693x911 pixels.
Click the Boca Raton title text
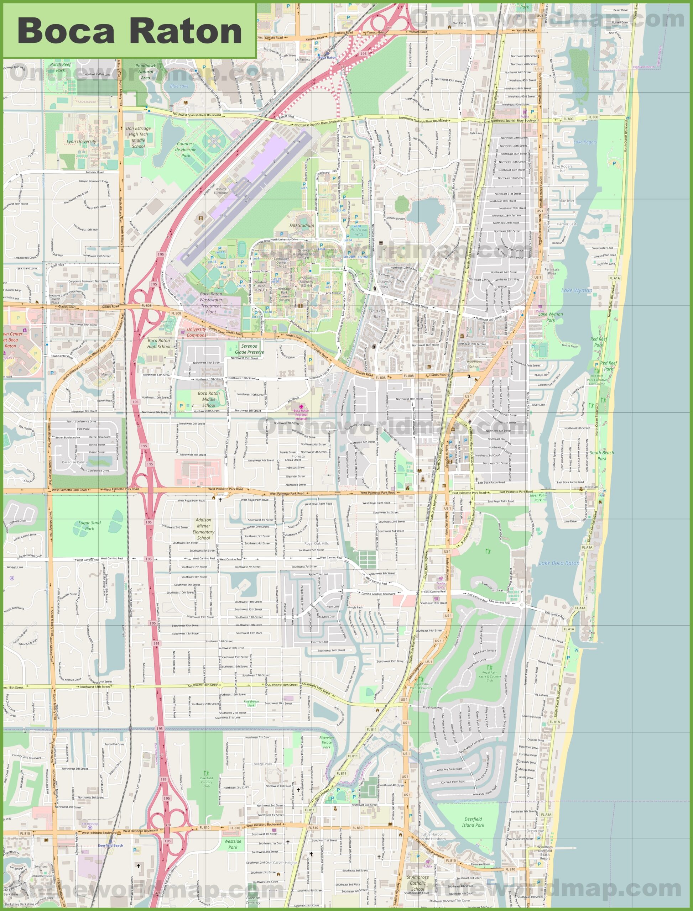(130, 31)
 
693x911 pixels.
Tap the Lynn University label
(81, 141)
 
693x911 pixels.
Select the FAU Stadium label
(302, 226)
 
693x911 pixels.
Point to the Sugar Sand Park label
(89, 525)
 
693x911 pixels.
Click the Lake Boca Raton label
(559, 563)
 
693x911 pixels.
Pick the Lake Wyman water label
(576, 290)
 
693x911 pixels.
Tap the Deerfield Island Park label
(473, 822)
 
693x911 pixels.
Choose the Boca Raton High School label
(159, 343)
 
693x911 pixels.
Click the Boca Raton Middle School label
(209, 399)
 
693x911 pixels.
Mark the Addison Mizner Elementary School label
(203, 529)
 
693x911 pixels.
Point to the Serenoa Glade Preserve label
(249, 349)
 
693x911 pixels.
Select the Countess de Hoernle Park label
(186, 149)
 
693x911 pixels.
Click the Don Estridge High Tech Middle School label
(138, 137)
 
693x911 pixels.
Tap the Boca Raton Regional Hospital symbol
(301, 406)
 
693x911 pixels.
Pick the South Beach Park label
(601, 455)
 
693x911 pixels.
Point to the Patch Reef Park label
(61, 67)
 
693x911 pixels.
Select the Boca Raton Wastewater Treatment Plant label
(211, 303)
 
